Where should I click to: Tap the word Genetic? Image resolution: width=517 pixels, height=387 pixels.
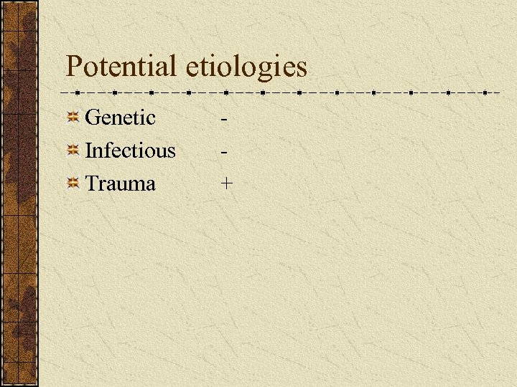pos(120,118)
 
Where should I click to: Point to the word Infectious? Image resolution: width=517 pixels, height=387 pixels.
pos(130,150)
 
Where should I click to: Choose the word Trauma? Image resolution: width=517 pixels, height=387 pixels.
pos(120,183)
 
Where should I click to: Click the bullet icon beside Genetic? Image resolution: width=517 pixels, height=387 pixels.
pos(73,118)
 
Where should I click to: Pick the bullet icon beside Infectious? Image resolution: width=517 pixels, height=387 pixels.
pos(73,150)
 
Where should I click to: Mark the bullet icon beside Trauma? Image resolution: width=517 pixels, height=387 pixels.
pos(73,183)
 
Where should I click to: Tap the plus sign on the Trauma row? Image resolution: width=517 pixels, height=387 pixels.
pos(227,184)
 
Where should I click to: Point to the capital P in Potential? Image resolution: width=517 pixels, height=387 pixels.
pos(74,67)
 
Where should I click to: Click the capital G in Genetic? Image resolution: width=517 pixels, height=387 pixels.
pos(92,117)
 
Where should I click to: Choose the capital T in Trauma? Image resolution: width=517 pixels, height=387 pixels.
pos(92,183)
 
